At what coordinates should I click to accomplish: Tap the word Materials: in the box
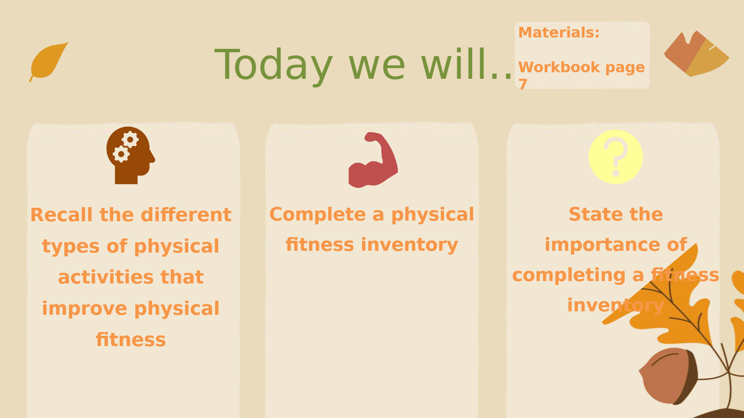coord(559,33)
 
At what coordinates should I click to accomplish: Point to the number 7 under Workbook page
coord(523,84)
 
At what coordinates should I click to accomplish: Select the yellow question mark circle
coord(616,157)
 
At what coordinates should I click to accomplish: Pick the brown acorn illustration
coord(668,376)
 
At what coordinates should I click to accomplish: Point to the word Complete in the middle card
coord(318,214)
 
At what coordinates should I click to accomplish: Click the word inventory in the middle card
coord(410,245)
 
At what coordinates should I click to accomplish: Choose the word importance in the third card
coord(602,245)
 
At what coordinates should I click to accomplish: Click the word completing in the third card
coord(569,276)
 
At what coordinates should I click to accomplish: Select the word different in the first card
coord(186,215)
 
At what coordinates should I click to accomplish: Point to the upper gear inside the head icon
coord(130,139)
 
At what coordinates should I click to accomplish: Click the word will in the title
coord(454,64)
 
